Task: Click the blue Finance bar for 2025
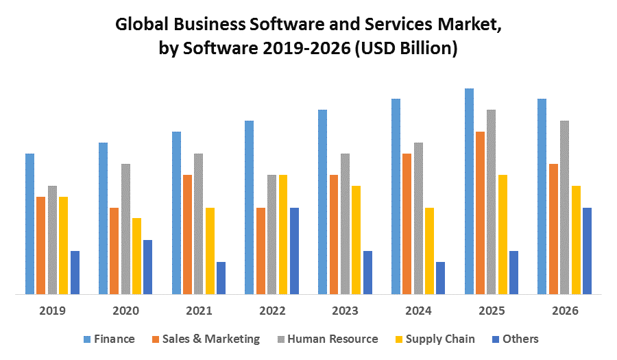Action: click(469, 191)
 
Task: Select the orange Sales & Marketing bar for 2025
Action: click(480, 213)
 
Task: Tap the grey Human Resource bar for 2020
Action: click(125, 229)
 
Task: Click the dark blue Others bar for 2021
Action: click(221, 278)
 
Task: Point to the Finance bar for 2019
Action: click(29, 224)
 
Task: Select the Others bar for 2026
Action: click(587, 251)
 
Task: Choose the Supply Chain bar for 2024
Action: click(429, 251)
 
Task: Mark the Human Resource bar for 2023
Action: click(345, 224)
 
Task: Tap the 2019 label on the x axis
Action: click(52, 311)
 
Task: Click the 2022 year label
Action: click(272, 311)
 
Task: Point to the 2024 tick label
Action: click(418, 311)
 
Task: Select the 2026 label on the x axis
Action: click(564, 311)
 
